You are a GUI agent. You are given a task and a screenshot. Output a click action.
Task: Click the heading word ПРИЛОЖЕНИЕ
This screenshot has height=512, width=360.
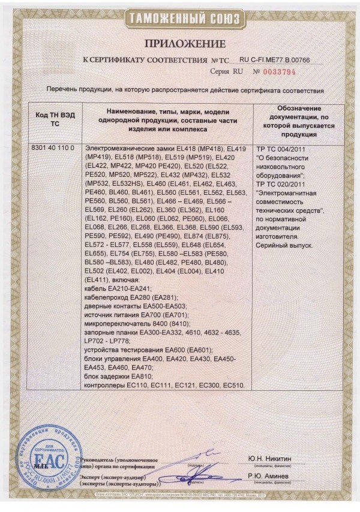click(184, 44)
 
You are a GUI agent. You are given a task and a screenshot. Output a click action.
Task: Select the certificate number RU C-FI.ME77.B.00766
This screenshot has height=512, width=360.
click(274, 61)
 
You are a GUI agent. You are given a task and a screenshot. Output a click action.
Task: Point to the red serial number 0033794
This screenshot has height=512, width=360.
click(280, 71)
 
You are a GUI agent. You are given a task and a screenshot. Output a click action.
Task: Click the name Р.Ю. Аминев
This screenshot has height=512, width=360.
click(269, 476)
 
